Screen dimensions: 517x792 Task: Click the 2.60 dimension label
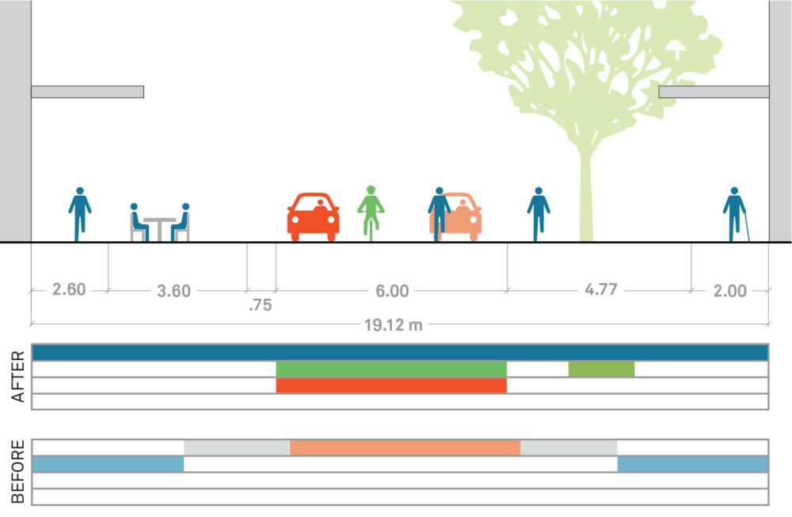69,289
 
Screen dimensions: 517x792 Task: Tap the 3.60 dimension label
173,291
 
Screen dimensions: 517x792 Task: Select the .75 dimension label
260,305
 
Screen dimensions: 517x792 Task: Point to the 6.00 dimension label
392,291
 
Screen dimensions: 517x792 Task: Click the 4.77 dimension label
600,289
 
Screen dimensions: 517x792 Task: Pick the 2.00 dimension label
729,291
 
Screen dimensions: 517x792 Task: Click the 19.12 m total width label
398,325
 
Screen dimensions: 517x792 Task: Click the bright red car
313,216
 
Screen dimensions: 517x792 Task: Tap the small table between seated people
160,227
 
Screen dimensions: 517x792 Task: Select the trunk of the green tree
586,198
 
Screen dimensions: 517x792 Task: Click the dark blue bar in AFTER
399,352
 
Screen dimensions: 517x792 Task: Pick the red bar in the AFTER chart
391,385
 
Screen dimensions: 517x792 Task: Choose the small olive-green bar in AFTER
601,369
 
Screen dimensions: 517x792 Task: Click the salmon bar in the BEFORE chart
405,447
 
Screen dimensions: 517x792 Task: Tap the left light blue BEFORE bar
108,464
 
